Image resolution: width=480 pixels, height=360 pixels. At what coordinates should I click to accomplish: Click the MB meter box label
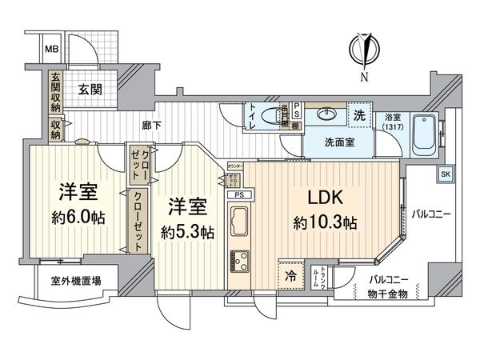click(x=51, y=50)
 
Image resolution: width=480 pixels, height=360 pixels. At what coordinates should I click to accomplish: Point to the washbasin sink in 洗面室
click(x=327, y=114)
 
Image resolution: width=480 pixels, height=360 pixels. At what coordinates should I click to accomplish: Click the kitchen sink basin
click(x=239, y=217)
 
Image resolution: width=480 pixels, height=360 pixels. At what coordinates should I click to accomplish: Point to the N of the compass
click(x=364, y=77)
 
